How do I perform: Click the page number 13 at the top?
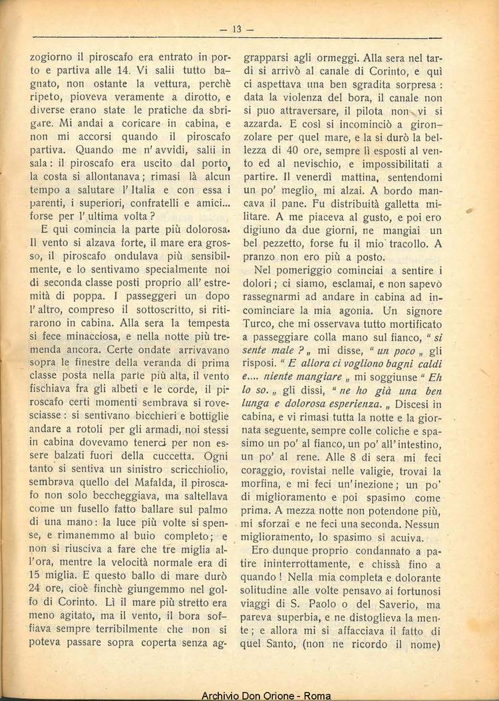[238, 29]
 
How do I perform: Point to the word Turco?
[258, 325]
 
